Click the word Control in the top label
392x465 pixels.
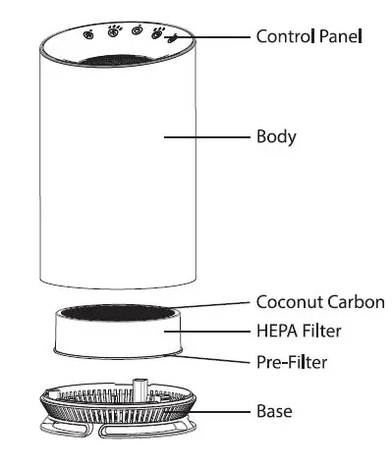click(x=284, y=36)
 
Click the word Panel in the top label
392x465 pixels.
click(x=340, y=36)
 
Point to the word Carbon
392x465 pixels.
click(x=352, y=301)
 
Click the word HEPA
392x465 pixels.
click(x=276, y=332)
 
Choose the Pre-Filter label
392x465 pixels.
click(x=291, y=362)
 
